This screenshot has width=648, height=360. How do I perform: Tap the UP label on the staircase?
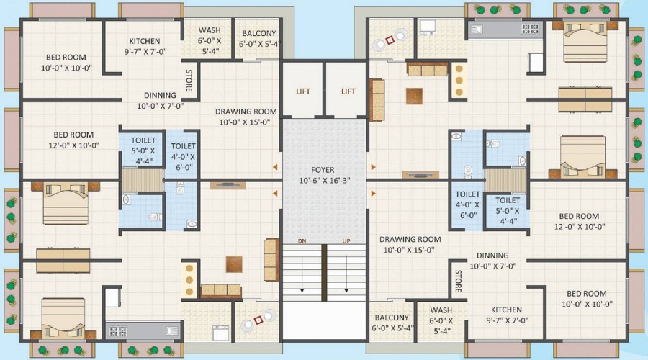(346, 240)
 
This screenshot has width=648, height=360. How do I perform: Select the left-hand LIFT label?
(303, 91)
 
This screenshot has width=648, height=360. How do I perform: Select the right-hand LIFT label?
(348, 91)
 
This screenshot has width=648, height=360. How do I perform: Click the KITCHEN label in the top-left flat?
(144, 41)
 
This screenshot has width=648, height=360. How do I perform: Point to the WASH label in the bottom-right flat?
(441, 310)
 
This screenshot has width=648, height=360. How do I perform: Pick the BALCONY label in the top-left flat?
(257, 34)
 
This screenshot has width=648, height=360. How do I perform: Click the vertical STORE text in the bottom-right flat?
(458, 282)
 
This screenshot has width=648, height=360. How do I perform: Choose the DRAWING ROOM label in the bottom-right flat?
(410, 239)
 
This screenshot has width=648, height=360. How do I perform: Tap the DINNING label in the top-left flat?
(160, 95)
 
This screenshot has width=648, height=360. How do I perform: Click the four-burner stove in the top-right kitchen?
(530, 30)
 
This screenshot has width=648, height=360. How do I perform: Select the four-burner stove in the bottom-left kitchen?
(117, 331)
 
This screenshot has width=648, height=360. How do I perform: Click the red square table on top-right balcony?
(390, 40)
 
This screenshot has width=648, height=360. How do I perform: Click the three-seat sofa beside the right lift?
(377, 101)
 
